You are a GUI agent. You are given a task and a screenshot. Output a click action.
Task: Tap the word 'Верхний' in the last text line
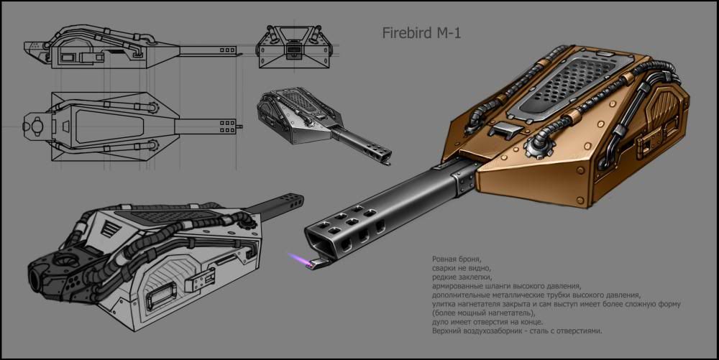[x=449, y=331]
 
